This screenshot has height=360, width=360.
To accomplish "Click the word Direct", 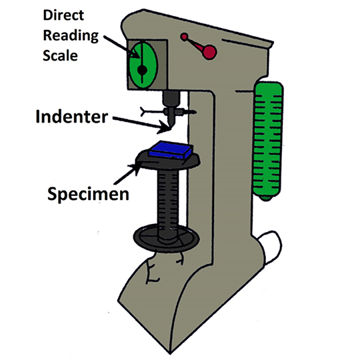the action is pos(63,15).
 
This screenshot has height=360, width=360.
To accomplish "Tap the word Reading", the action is pos(71,36).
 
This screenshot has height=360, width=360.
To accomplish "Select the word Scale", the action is pos(60,55).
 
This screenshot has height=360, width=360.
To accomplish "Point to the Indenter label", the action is pos(71,117).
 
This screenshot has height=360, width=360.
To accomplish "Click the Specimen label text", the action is pos(88,194).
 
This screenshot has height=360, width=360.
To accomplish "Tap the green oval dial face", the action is pos(143,65).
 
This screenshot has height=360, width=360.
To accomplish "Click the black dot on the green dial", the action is pos(143,70).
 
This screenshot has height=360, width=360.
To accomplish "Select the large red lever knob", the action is pos(209,53).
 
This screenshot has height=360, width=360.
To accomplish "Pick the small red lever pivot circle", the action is pos(184,37).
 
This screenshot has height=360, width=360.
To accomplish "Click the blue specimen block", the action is pos(171,150).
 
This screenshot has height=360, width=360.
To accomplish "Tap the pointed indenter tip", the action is pos(171,128).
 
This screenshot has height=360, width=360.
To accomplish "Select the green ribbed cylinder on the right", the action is pos(269,141).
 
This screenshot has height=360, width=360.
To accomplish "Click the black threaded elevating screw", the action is pos(168,205).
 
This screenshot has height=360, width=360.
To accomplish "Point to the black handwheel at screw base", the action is pos(166,238).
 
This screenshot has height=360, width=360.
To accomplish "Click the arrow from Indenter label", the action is pos(142,125).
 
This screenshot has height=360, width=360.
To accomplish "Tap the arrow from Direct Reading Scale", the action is pos(122,47).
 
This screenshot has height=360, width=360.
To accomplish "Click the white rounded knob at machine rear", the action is pos(271,247).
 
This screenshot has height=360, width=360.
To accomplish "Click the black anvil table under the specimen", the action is pos(168,161).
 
